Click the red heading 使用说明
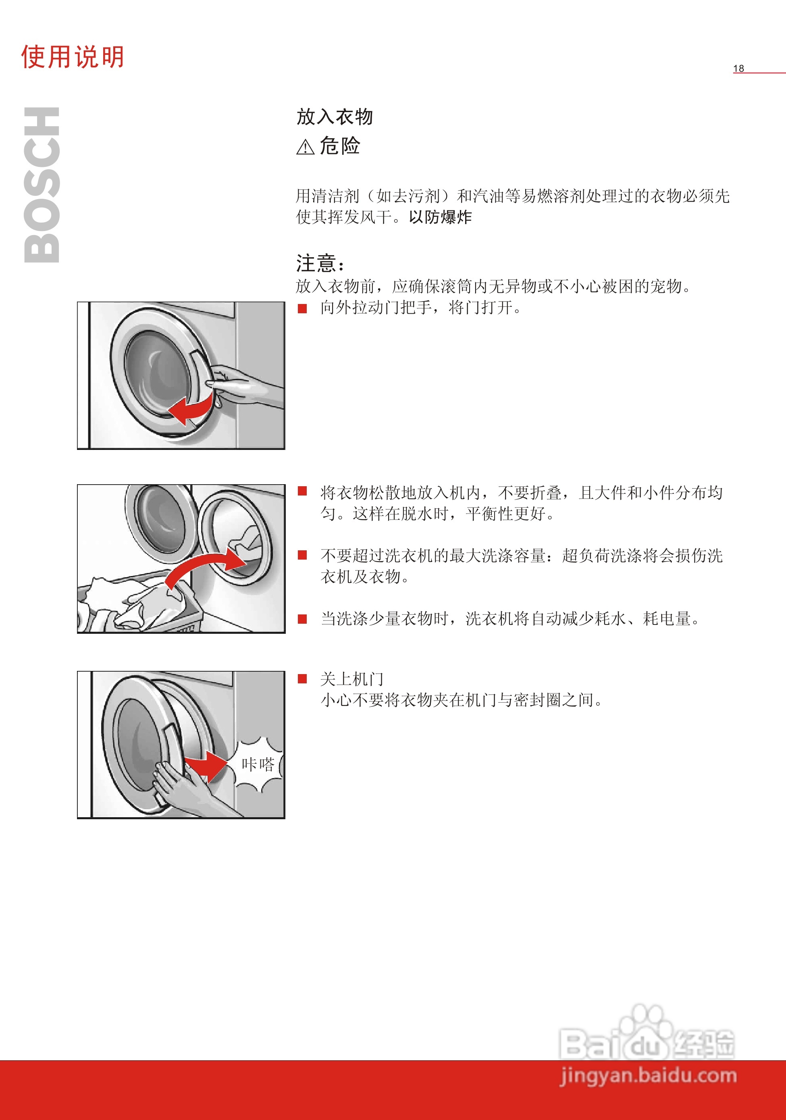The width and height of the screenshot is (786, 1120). [x=72, y=57]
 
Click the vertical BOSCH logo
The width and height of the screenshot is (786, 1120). [x=42, y=185]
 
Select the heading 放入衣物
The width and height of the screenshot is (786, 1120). [x=335, y=117]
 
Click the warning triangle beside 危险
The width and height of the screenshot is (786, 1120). [x=305, y=147]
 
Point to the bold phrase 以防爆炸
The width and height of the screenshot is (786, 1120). [x=440, y=217]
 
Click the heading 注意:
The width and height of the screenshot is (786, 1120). [x=320, y=263]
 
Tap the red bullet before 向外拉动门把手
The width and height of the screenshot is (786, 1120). [x=302, y=308]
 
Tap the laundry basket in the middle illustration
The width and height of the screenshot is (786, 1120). [x=141, y=605]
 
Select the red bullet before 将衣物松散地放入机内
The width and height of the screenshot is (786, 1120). [x=302, y=491]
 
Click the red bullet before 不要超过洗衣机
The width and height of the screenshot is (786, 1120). [x=302, y=555]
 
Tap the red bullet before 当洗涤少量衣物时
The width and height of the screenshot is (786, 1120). [x=302, y=618]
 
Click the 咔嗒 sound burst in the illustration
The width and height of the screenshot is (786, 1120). [x=258, y=764]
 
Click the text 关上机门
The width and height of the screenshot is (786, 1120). [x=351, y=679]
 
